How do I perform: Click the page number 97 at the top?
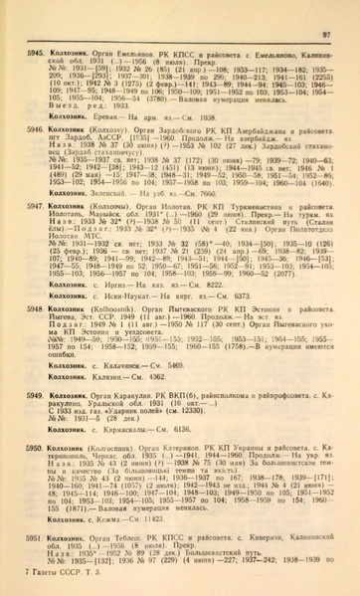pyautogui.click(x=337, y=7)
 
